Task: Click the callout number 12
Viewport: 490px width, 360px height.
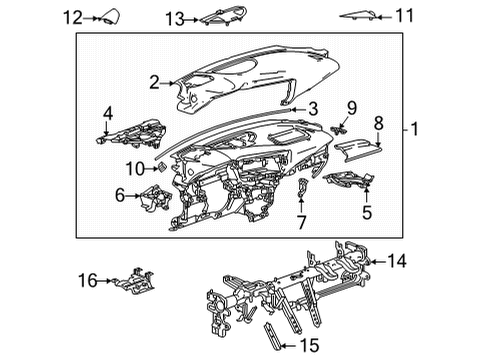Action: click(71, 16)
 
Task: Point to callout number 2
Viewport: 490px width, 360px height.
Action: click(153, 83)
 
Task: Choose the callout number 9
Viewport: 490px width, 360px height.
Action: click(351, 106)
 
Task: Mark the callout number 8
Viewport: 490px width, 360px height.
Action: click(378, 124)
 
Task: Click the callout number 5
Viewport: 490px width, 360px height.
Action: click(367, 212)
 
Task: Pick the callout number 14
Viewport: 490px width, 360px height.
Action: click(397, 262)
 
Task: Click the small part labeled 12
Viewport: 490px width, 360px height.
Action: click(105, 17)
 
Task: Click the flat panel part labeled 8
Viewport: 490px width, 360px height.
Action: click(356, 150)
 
